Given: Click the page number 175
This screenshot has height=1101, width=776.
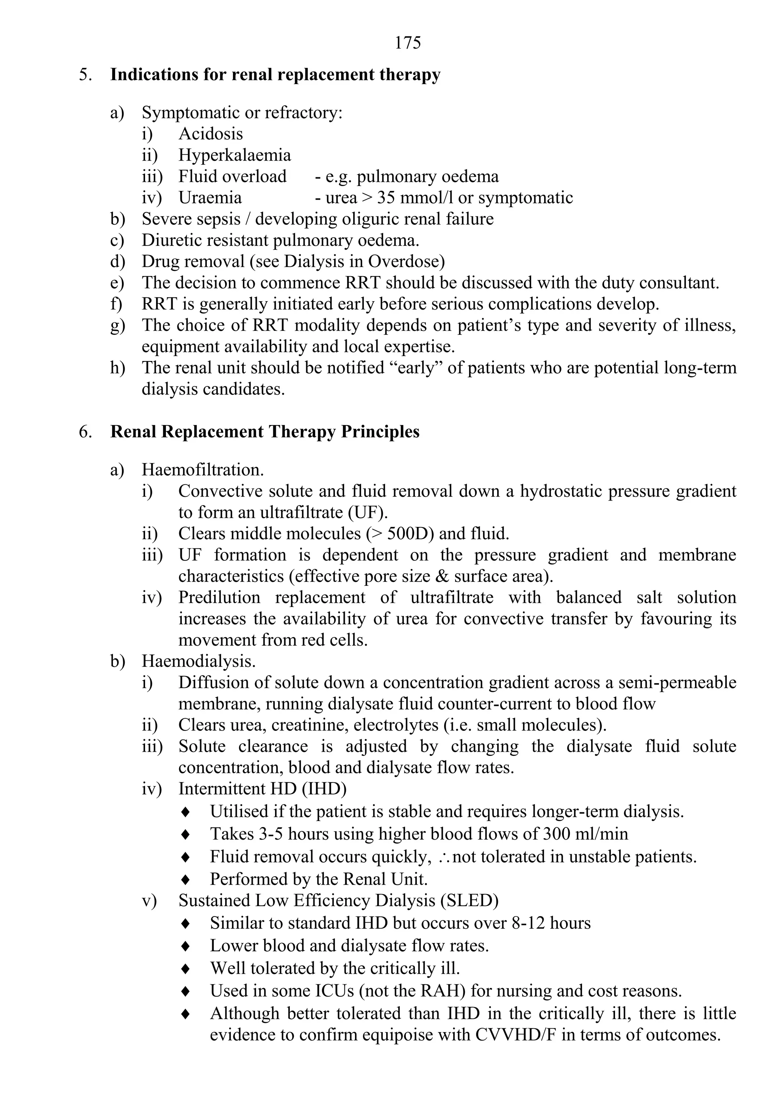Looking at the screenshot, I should coord(407,43).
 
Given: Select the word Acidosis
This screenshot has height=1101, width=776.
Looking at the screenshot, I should coord(211,134).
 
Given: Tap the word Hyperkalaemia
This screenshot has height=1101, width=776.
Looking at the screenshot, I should coord(235,155).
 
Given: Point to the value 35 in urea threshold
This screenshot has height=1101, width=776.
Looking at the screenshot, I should coord(386,197).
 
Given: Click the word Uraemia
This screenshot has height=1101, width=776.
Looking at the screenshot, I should coord(210,197).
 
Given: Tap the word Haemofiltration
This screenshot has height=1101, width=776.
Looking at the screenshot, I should coord(202,469).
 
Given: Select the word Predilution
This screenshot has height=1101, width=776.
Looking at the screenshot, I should coord(219,597).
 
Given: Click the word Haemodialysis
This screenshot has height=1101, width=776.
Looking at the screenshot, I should coord(198,661).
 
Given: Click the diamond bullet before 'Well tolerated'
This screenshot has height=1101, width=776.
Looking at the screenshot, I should coord(186,968).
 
